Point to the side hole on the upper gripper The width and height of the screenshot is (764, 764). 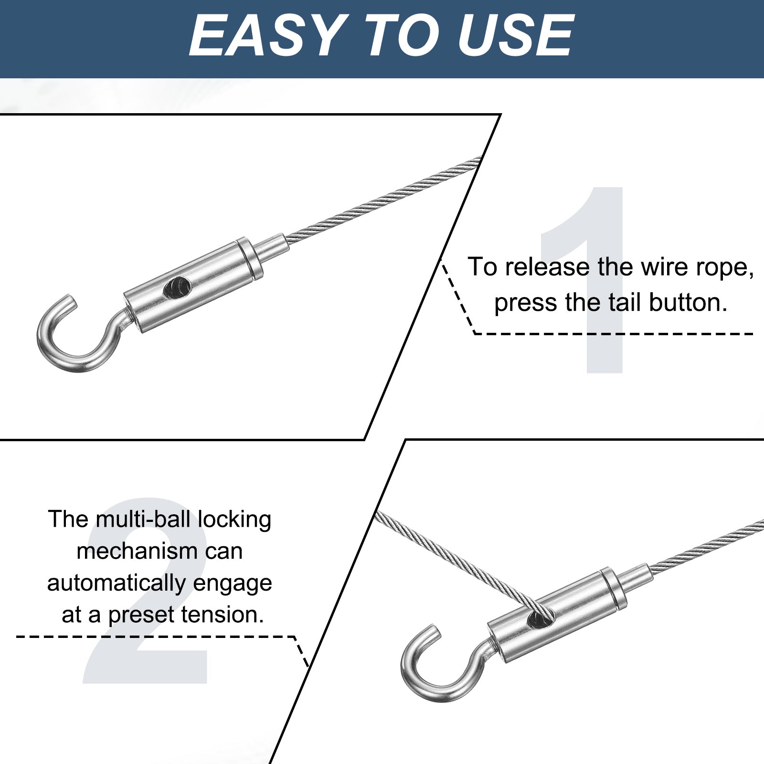177,287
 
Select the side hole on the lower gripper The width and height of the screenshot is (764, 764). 541,618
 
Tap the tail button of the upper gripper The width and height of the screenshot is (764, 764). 272,246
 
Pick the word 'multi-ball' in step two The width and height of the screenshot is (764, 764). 143,519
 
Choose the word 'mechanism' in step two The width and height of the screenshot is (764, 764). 137,551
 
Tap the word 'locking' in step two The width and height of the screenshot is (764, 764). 234,520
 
